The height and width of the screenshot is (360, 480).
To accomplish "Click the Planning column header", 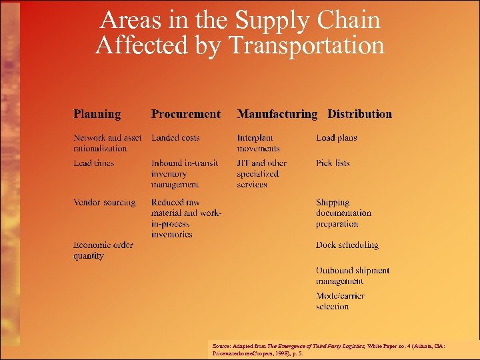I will (97, 114).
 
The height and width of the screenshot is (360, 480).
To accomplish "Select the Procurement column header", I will (185, 114).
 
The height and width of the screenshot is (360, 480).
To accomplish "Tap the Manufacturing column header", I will (277, 114).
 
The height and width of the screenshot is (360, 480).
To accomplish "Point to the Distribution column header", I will (359, 114).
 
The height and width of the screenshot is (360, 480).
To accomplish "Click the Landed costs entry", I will (175, 138).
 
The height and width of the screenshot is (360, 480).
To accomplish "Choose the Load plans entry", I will (336, 138).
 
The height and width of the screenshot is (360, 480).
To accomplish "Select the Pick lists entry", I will (333, 163).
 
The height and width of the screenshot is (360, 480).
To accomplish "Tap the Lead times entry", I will (94, 163).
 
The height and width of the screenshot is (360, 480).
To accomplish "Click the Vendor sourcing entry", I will (104, 203).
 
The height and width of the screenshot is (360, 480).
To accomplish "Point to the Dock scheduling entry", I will (347, 245).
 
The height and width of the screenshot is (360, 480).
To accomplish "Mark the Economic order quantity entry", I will (103, 250).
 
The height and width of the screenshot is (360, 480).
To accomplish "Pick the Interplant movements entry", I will (258, 143).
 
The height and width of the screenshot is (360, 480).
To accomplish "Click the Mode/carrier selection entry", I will (340, 301).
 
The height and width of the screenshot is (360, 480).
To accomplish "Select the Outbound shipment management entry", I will (352, 276).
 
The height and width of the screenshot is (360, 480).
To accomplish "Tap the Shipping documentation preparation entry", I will (343, 213).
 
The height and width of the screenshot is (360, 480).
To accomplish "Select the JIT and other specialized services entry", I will (261, 173).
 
